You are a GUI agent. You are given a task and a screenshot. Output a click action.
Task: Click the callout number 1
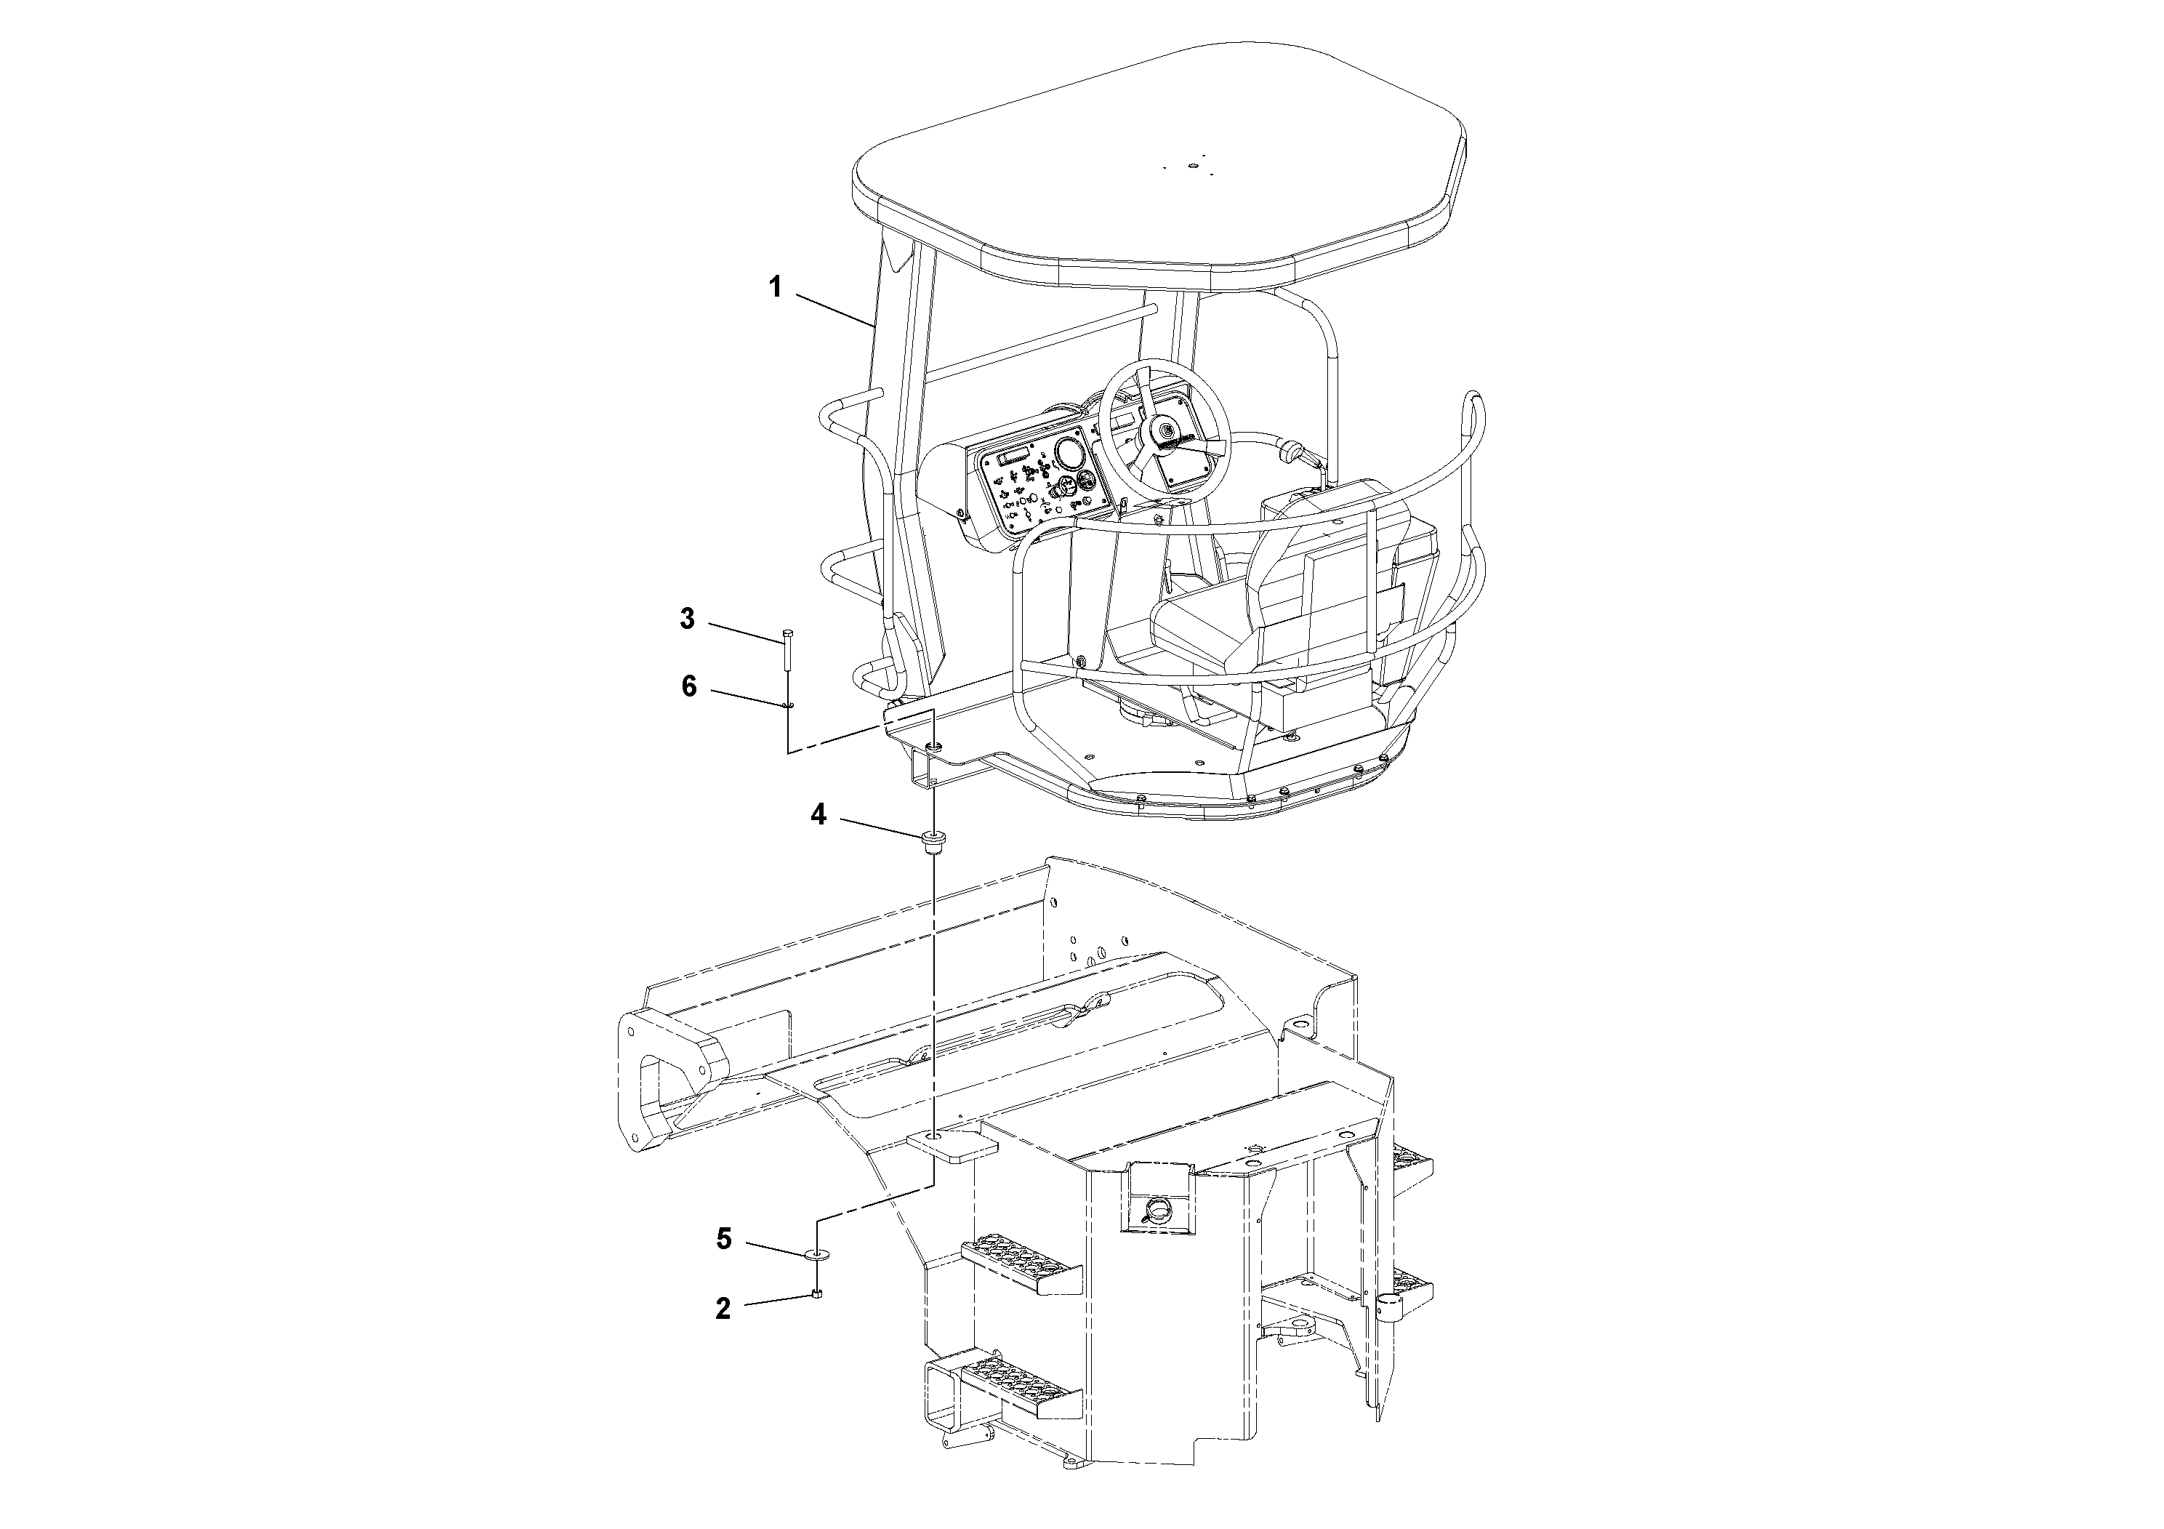coord(775,286)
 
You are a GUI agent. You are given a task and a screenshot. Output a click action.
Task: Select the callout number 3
coord(687,619)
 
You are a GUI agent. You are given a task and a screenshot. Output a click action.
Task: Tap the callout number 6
coord(689,687)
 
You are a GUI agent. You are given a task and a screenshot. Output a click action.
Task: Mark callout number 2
coord(723,1309)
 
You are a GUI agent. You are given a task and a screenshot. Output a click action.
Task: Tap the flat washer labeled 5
coord(816,1255)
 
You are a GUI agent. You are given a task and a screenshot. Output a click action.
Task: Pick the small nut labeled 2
coord(817,1295)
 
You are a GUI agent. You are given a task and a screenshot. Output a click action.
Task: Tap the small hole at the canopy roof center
coord(1191,166)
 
